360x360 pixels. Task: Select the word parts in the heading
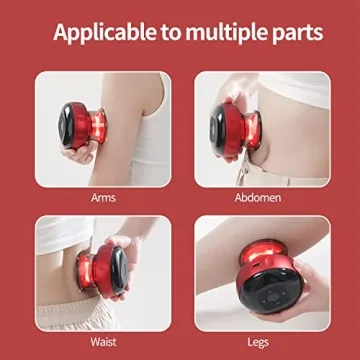point(291,33)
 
